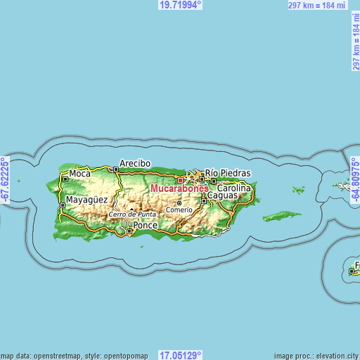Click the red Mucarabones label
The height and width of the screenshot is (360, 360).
click(179, 188)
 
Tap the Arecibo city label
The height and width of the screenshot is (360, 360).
click(135, 163)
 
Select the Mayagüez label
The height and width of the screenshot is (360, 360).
click(87, 200)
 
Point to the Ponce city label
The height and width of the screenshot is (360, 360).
click(146, 226)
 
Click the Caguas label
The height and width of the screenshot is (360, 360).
click(222, 195)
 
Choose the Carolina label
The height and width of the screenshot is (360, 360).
click(234, 188)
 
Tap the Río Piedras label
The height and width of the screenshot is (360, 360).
click(228, 172)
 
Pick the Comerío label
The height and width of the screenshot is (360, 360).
click(179, 210)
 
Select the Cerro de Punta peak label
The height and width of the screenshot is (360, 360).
click(132, 214)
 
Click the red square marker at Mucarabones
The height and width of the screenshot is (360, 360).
click(180, 180)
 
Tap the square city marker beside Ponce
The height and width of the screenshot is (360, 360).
click(129, 230)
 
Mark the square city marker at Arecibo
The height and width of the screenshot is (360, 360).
click(115, 169)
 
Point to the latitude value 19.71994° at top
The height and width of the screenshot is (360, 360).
click(181, 5)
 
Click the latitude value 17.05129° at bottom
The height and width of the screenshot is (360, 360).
click(181, 355)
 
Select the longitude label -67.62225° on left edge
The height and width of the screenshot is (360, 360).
click(5, 180)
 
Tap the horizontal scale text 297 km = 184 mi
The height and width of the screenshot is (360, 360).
click(317, 5)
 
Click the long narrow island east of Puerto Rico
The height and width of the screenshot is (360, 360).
click(281, 215)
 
